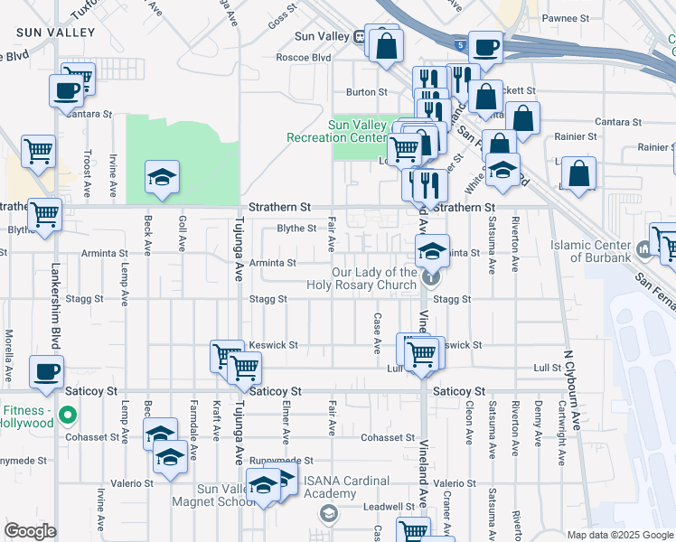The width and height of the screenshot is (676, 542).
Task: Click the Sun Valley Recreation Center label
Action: tap(362, 131)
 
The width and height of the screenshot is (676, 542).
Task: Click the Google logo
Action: tap(30, 531)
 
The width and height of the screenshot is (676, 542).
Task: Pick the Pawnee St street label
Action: tap(565, 18)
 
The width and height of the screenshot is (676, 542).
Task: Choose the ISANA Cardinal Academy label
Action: tap(346, 487)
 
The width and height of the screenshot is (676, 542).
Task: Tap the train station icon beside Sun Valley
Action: tap(360, 37)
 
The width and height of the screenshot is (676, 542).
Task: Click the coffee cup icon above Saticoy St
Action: tap(45, 370)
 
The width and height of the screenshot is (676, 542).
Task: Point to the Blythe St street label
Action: tap(296, 229)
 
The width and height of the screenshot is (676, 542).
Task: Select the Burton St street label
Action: tap(367, 92)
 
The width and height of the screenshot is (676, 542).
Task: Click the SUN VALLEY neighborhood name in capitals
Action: tap(55, 33)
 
